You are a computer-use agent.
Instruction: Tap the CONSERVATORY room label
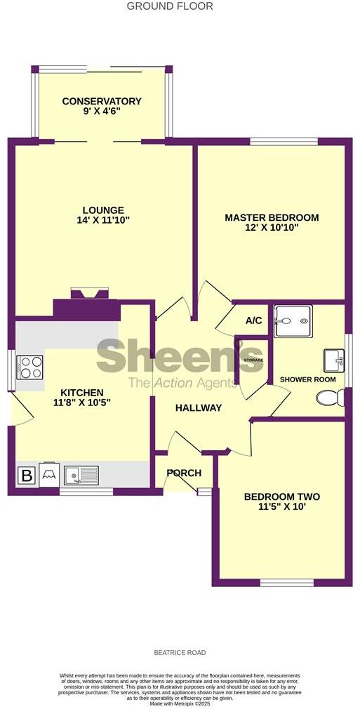pos(102,102)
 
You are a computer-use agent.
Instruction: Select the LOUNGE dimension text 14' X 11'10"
pos(103,220)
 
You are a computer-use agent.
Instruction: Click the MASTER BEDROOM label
pos(272,218)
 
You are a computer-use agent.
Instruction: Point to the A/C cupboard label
pos(253,320)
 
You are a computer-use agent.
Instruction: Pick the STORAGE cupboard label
pos(253,360)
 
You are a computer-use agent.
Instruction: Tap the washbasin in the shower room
pos(332,361)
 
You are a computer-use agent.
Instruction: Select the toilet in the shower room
pos(330,398)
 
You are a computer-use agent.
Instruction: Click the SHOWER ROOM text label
pos(307,379)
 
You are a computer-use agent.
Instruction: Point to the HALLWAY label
pos(199,408)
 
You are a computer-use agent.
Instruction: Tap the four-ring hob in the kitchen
pos(30,367)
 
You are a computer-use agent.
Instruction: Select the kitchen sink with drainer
pos(81,475)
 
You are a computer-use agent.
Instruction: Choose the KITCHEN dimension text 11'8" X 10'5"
pos(83,403)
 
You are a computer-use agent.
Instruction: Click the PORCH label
pos(184,473)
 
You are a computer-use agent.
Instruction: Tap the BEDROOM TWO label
pos(281,497)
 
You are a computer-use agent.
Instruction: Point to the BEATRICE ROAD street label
pos(180,652)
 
